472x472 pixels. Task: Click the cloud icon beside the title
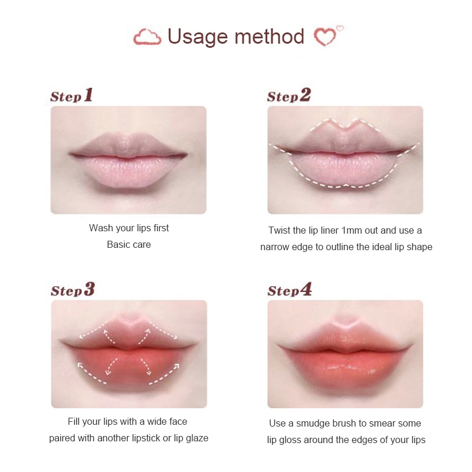(147, 37)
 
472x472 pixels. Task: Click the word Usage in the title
(198, 37)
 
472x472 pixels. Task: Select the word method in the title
(270, 37)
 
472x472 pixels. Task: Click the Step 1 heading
(71, 95)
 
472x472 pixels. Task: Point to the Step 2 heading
(289, 95)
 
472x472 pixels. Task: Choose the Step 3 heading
(73, 289)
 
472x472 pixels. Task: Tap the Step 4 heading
(290, 289)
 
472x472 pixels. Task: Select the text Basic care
(129, 244)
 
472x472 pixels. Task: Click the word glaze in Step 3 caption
(197, 438)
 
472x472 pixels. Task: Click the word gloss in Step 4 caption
(291, 440)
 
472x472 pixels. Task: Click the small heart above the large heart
(340, 28)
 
